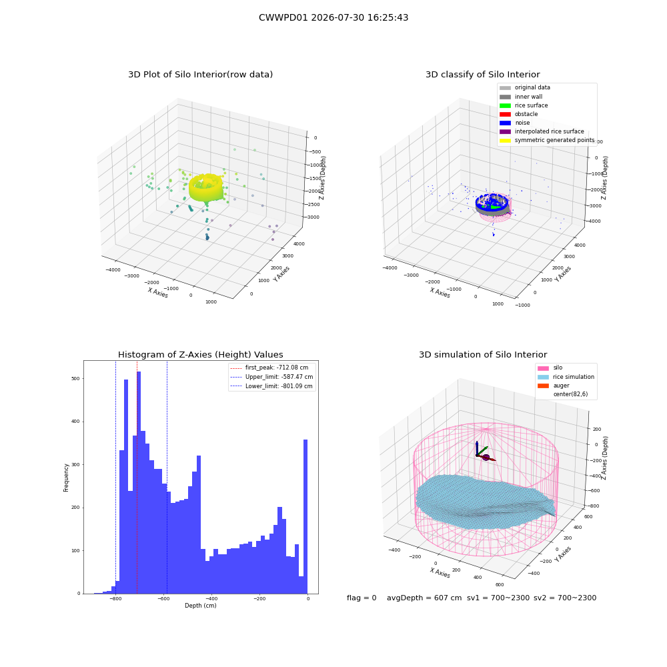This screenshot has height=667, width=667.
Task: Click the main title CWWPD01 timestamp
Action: tap(333, 17)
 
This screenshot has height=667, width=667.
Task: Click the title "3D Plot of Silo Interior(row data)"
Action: tap(200, 75)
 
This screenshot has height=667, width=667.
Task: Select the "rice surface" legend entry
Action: tap(524, 105)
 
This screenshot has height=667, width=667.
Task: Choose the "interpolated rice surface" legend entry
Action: tap(542, 131)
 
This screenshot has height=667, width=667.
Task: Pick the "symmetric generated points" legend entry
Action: tap(547, 140)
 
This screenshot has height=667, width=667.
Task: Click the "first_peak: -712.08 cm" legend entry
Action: tap(269, 368)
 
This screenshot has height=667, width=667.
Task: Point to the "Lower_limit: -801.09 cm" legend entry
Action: tap(271, 386)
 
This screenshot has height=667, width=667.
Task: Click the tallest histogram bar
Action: tap(139, 482)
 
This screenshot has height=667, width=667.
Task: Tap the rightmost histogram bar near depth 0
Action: tap(305, 516)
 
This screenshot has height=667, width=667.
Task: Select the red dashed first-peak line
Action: tap(137, 477)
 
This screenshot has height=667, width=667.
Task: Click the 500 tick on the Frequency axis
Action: tap(76, 379)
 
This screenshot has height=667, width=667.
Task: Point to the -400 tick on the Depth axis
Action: tap(211, 598)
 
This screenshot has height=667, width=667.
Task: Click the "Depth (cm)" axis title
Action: tap(201, 606)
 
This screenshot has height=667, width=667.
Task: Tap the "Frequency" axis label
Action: tap(66, 478)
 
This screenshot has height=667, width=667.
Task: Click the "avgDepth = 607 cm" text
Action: tap(424, 598)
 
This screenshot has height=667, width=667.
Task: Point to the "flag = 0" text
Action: tap(362, 598)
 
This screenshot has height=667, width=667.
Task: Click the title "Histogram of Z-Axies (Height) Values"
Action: tap(200, 355)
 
